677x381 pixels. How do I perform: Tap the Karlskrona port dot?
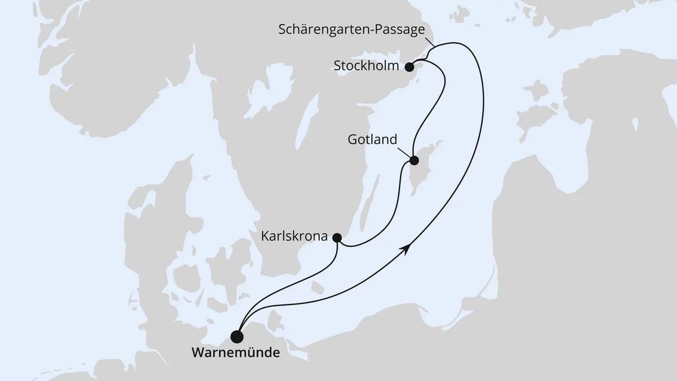pos(337,237)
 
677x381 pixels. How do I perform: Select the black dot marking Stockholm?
pos(409,66)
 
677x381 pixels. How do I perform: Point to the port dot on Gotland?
pos(414,160)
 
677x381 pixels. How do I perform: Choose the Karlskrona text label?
pos(294,236)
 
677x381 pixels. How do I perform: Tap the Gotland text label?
pos(372,140)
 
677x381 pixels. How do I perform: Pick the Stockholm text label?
pos(366,66)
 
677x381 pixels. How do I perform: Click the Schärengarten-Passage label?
pos(352,29)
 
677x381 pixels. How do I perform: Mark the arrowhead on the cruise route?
pos(408,249)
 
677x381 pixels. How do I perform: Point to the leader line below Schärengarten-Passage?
pos(429,42)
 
